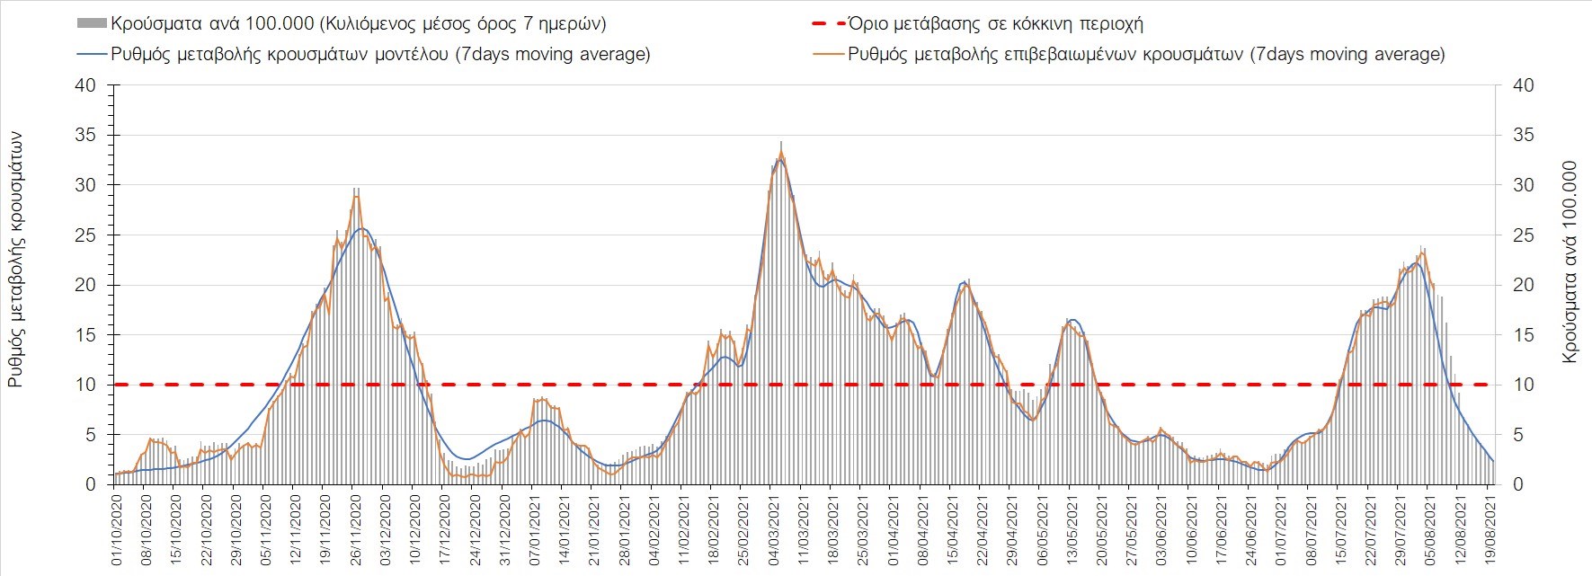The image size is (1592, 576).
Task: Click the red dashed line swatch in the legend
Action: click(824, 24)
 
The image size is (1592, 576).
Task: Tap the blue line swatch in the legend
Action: click(93, 54)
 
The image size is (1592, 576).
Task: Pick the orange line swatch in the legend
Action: click(829, 54)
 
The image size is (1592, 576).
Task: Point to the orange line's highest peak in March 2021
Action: click(781, 153)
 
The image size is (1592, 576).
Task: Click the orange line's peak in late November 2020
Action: click(357, 196)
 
